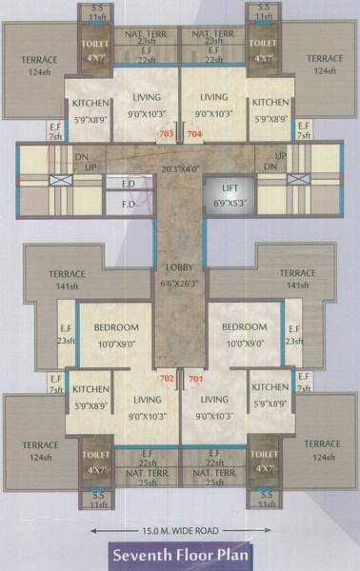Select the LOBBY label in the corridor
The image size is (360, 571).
(179, 268)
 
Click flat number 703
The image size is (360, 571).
(167, 134)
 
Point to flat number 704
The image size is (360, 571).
(194, 134)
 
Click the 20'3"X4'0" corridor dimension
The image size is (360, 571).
(179, 169)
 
